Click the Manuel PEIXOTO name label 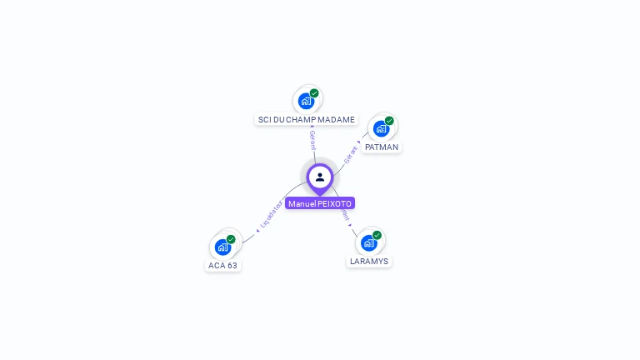click(x=320, y=203)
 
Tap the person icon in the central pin click(x=320, y=177)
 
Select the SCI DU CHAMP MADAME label click(x=307, y=120)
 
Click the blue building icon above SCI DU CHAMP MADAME click(x=306, y=101)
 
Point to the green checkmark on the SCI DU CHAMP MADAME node click(x=314, y=93)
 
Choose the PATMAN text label click(x=382, y=147)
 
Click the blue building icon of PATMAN click(x=381, y=128)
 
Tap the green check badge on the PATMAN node click(x=389, y=121)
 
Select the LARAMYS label click(x=369, y=261)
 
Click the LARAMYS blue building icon click(x=368, y=242)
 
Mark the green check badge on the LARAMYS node click(x=377, y=235)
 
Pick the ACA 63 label click(x=222, y=266)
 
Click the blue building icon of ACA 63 click(x=222, y=247)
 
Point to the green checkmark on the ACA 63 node click(x=231, y=239)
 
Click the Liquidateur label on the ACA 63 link click(x=271, y=215)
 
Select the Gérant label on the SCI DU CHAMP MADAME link click(x=312, y=140)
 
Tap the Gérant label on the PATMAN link click(x=351, y=156)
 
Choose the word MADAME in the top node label click(x=338, y=120)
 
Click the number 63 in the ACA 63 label click(x=232, y=266)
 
